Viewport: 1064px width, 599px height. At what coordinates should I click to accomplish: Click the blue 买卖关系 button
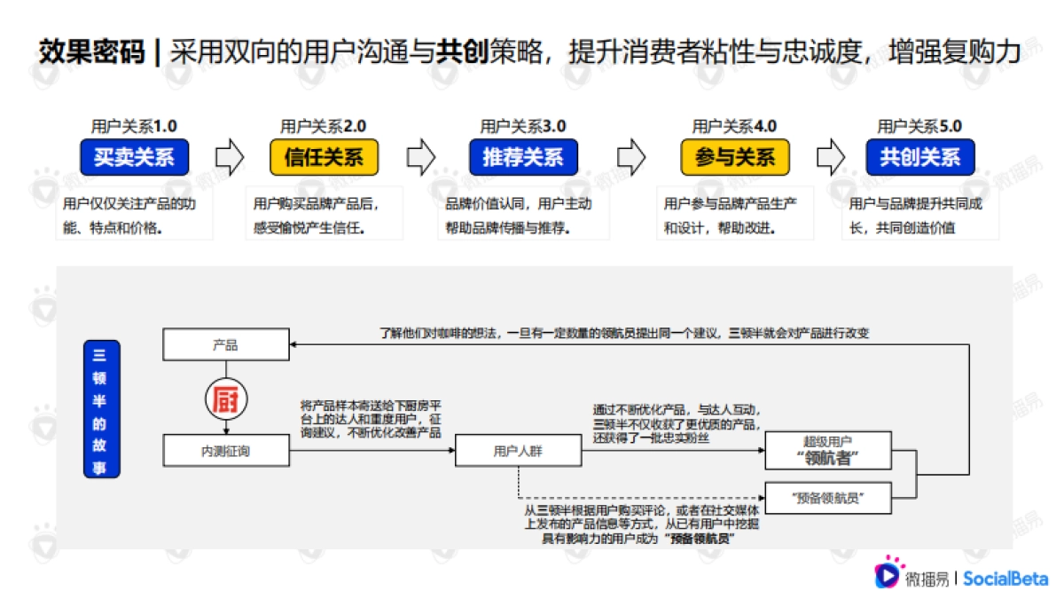134,158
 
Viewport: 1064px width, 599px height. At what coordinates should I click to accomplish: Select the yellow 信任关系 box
324,158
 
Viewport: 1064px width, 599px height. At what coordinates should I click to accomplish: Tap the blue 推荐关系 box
523,158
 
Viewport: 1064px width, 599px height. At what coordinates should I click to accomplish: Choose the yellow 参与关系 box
735,158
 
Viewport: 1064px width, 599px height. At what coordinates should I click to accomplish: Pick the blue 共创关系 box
919,158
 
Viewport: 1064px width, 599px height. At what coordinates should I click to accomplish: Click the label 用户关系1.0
134,127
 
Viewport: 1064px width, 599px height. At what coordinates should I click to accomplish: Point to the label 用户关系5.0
919,127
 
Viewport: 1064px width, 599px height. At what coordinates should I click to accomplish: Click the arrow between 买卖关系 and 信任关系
230,157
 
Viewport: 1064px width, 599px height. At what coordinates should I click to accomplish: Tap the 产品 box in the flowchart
226,343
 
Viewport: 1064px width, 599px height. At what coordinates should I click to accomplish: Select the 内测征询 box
226,451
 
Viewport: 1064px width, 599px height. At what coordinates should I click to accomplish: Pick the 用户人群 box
518,451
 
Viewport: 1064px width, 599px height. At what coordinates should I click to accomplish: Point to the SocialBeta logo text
1005,579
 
